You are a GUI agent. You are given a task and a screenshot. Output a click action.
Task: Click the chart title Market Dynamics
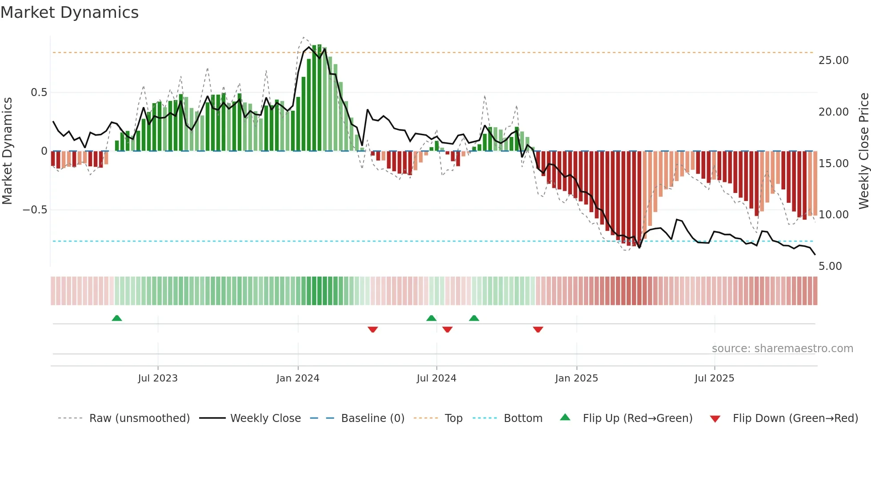click(x=70, y=12)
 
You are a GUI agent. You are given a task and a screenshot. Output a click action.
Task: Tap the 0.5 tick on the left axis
click(x=39, y=92)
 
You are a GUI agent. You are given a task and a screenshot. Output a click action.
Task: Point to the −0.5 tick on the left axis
click(x=35, y=210)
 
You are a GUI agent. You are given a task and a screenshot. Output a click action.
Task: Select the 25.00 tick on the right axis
click(x=833, y=60)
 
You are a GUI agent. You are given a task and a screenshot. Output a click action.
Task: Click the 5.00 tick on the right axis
click(x=830, y=266)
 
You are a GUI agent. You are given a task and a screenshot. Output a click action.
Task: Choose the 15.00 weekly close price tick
click(x=833, y=164)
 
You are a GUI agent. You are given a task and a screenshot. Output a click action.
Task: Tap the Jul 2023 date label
click(x=158, y=378)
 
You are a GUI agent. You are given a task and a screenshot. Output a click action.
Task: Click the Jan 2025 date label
click(x=576, y=378)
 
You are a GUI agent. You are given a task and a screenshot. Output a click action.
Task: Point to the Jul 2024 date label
click(x=436, y=378)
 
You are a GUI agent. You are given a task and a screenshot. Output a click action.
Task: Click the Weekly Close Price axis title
click(x=863, y=151)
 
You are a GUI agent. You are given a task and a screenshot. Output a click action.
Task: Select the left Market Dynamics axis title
click(x=7, y=151)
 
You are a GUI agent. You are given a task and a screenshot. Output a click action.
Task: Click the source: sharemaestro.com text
click(x=782, y=349)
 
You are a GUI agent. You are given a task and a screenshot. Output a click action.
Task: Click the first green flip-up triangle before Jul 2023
click(x=117, y=318)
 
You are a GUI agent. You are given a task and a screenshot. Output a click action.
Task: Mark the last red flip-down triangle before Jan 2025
click(x=538, y=329)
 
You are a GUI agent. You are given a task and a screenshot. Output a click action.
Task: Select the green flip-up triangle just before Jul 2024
click(x=431, y=318)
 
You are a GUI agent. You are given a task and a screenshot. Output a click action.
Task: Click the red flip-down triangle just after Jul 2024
click(x=447, y=329)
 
